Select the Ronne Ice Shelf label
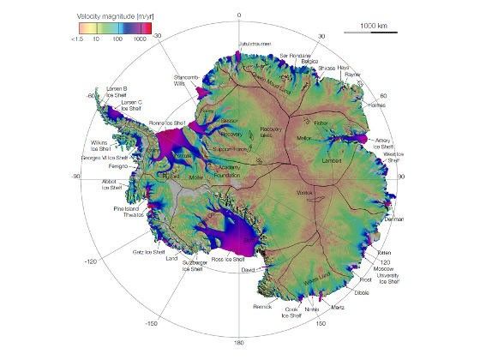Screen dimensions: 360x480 pos(168,123)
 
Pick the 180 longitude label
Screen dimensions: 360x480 pos(239,344)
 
